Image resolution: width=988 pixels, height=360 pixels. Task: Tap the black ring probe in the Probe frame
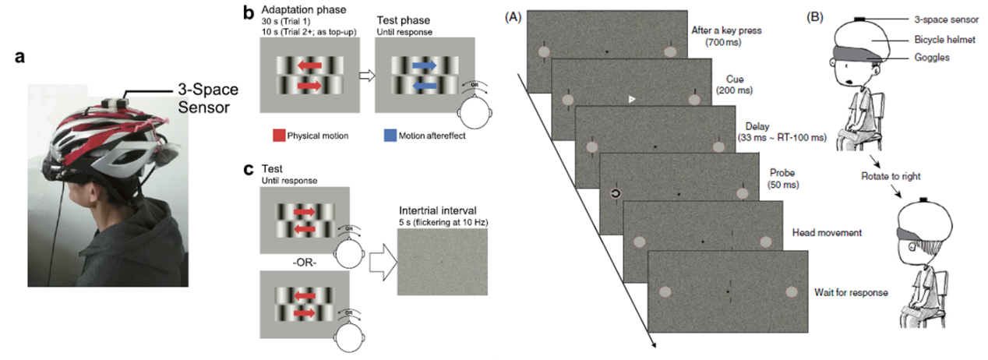pos(616,192)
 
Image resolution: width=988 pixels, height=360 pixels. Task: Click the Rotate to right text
pos(887,166)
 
